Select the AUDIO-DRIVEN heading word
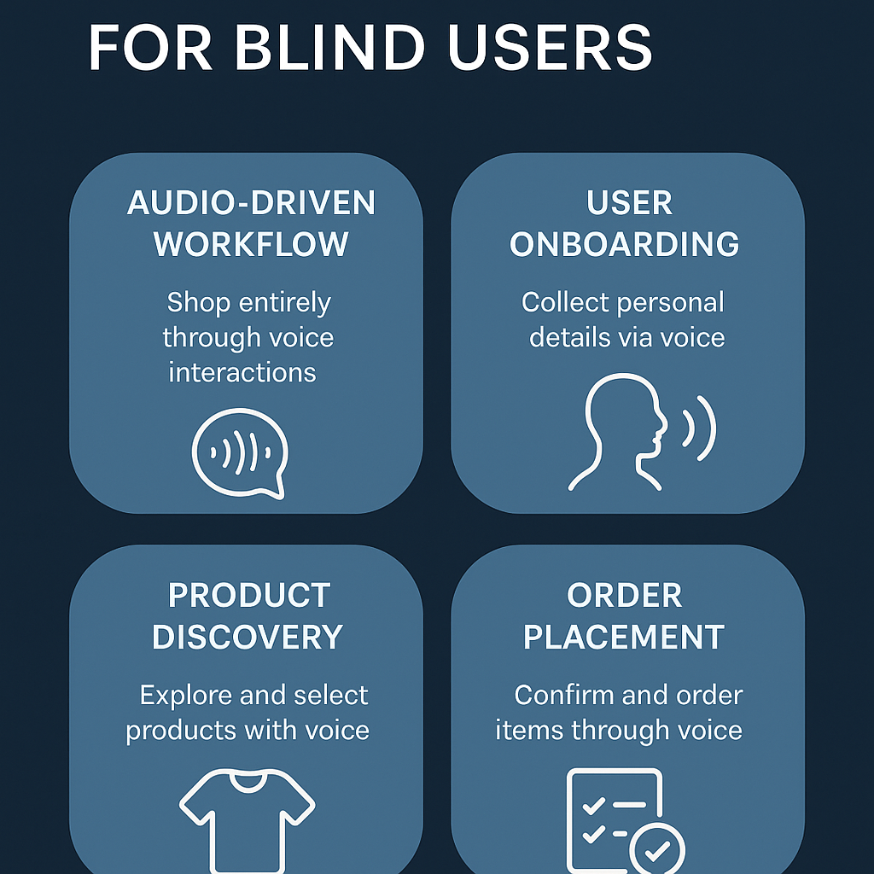coord(251,203)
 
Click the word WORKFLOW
coord(251,245)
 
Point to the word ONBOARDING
coord(625,245)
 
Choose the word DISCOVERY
coord(248,638)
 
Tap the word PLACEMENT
coord(624,638)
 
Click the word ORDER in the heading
coord(625,596)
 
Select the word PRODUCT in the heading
coord(249,596)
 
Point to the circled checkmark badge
coord(656,848)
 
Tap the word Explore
coord(186,696)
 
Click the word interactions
coord(242,372)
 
